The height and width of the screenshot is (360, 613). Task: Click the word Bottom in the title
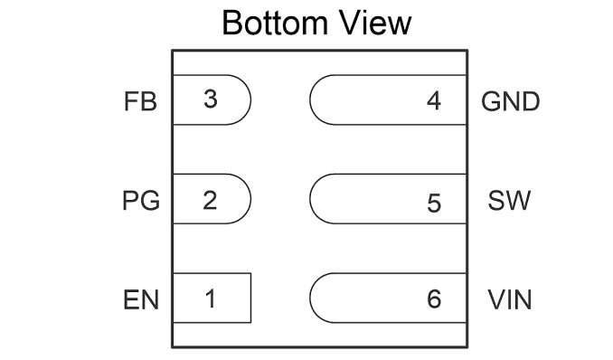click(275, 24)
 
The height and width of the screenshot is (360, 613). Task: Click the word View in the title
click(375, 24)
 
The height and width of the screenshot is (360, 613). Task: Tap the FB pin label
click(140, 101)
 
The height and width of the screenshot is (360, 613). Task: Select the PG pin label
click(141, 201)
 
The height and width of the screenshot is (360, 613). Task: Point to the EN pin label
click(141, 300)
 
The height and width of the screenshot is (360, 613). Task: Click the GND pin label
click(510, 101)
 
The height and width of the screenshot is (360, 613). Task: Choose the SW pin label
click(509, 201)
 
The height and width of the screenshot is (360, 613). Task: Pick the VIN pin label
click(510, 300)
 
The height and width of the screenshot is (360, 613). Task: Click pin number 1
click(211, 299)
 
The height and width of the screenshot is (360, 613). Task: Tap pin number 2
click(210, 200)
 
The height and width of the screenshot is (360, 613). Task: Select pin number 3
click(211, 99)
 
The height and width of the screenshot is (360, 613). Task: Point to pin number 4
click(434, 101)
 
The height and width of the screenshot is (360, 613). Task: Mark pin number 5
click(434, 204)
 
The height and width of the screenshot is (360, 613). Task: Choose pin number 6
click(434, 299)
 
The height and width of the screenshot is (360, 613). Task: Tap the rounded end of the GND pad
click(309, 99)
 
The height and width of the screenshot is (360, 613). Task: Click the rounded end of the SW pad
click(309, 199)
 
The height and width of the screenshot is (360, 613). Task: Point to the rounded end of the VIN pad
click(309, 298)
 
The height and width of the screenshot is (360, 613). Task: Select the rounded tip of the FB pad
click(251, 99)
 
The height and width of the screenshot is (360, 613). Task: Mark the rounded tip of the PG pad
click(251, 199)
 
